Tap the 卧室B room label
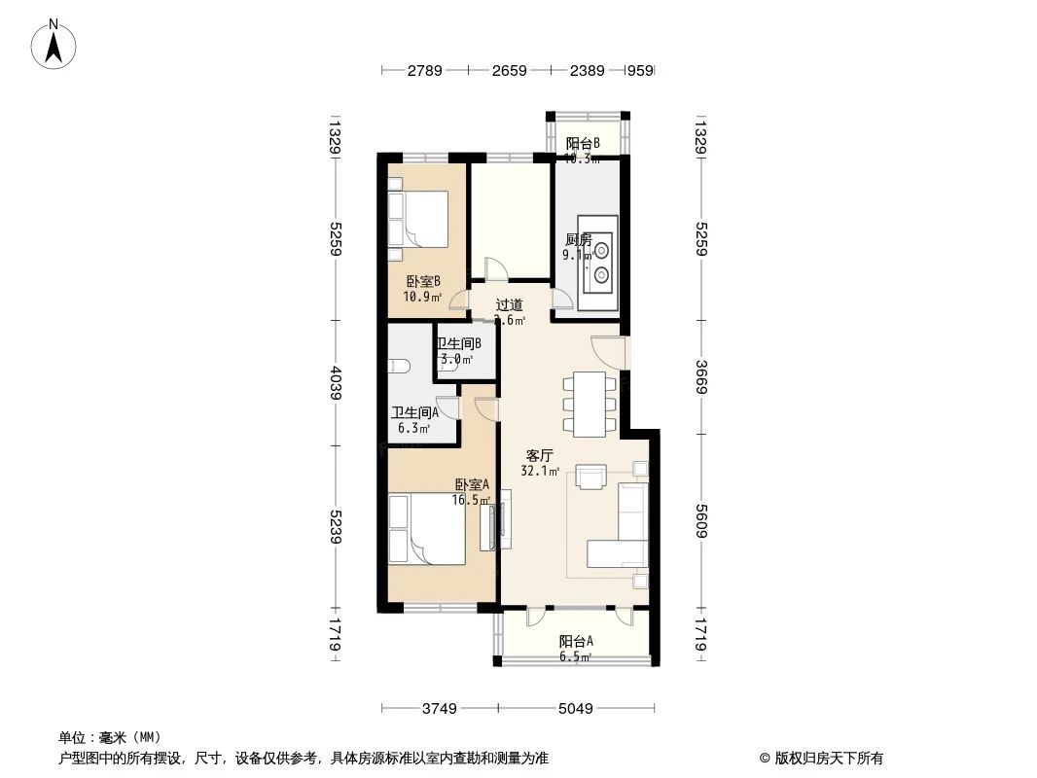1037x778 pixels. coord(424,282)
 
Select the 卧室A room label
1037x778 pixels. coord(472,484)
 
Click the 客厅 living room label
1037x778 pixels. coord(540,455)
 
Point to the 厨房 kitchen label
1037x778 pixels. coord(578,240)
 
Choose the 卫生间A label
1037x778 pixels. coord(414,412)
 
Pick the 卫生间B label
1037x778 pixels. coord(458,343)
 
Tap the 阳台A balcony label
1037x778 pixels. coord(576,641)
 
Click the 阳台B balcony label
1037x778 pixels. coord(583,144)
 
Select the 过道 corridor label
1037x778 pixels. coord(510,304)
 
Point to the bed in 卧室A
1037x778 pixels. coord(426,528)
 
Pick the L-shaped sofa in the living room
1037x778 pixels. coord(623,530)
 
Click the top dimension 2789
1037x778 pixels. coord(424,70)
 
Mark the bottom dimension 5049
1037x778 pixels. coord(575,708)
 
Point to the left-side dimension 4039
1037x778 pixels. coord(336,384)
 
